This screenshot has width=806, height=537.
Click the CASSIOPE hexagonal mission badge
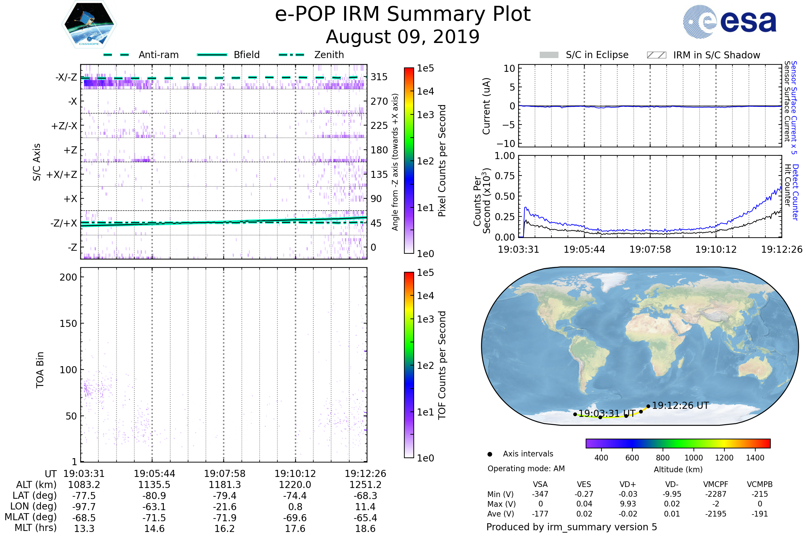(x=89, y=24)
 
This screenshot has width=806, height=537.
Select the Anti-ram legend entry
(x=158, y=55)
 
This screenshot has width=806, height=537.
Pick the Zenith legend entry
(x=329, y=55)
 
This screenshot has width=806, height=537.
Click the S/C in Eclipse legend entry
(x=597, y=55)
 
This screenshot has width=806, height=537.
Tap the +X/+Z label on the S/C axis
(x=62, y=175)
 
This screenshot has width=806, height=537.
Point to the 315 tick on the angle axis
(x=379, y=77)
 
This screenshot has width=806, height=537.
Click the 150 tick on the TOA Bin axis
(x=68, y=324)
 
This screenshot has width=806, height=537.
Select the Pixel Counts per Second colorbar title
(x=442, y=160)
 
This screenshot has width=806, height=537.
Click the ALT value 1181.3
(x=225, y=485)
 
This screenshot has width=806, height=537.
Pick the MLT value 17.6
(x=295, y=528)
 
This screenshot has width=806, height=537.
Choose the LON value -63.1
(x=154, y=506)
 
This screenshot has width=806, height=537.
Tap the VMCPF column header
(x=716, y=484)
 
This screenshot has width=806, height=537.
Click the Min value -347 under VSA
(x=540, y=494)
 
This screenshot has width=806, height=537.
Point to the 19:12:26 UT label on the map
(x=680, y=405)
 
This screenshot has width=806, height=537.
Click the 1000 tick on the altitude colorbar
(x=693, y=458)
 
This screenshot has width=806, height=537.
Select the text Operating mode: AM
(x=526, y=469)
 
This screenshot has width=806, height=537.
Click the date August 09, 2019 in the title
(x=403, y=37)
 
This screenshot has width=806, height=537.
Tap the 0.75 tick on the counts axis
(x=505, y=176)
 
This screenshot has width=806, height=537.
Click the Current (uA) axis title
(x=486, y=106)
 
